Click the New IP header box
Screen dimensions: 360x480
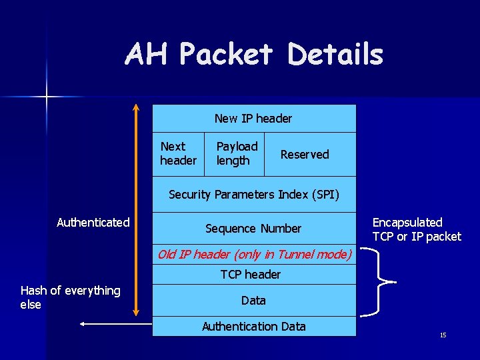pyautogui.click(x=253, y=119)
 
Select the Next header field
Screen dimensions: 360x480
pyautogui.click(x=178, y=153)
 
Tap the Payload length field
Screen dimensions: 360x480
pyautogui.click(x=237, y=153)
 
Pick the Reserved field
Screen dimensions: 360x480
pyautogui.click(x=305, y=154)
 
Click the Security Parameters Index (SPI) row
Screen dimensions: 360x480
pyautogui.click(x=254, y=195)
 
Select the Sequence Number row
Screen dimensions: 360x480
pyautogui.click(x=253, y=229)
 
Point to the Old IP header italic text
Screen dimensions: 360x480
pyautogui.click(x=254, y=254)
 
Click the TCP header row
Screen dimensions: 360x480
pyautogui.click(x=251, y=274)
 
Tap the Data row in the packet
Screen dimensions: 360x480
pyautogui.click(x=253, y=301)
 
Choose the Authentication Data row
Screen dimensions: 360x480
pyautogui.click(x=253, y=326)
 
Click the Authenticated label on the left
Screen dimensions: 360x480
pyautogui.click(x=93, y=223)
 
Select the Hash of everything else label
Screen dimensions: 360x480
pyautogui.click(x=70, y=297)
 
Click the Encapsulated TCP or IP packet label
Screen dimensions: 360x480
pyautogui.click(x=417, y=229)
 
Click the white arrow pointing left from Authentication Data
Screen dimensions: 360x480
pyautogui.click(x=113, y=325)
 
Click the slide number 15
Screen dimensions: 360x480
pyautogui.click(x=443, y=335)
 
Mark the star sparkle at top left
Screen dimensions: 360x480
pyautogui.click(x=47, y=97)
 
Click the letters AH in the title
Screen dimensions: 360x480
pyautogui.click(x=147, y=55)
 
